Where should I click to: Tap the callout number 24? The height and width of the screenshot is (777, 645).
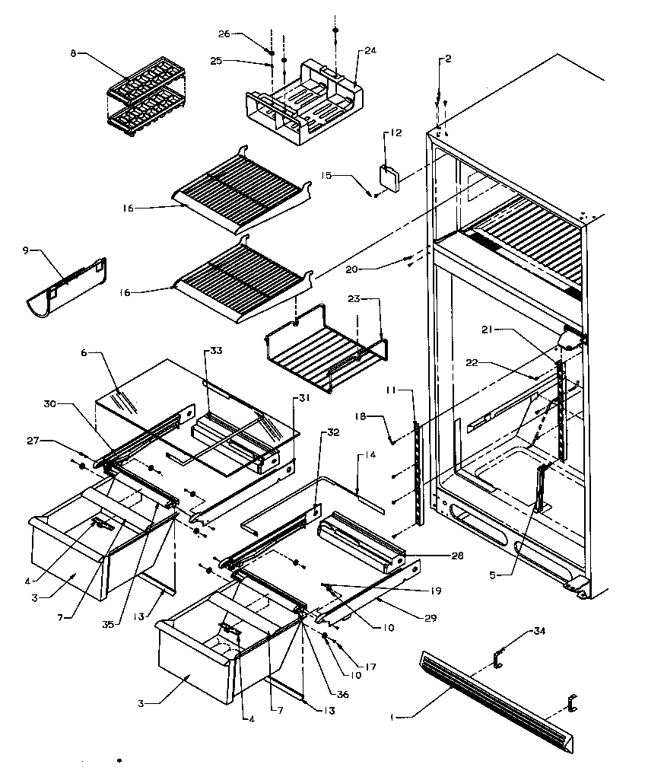click(370, 51)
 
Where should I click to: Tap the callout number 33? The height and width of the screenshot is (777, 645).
click(216, 350)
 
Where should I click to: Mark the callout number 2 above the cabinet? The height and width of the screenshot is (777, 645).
click(448, 59)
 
